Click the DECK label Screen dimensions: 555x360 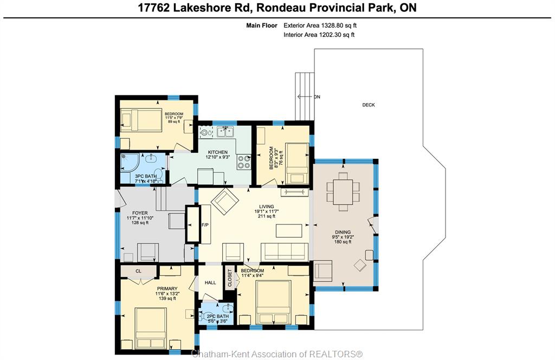pyautogui.click(x=369, y=105)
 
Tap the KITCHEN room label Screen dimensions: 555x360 pyautogui.click(x=218, y=152)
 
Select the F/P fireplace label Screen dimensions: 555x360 pyautogui.click(x=205, y=225)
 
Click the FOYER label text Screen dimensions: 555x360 pyautogui.click(x=140, y=213)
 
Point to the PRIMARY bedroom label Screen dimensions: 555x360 pyautogui.click(x=167, y=288)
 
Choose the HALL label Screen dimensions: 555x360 pyautogui.click(x=210, y=282)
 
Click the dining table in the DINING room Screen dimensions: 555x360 pyautogui.click(x=343, y=191)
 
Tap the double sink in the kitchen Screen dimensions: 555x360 pyautogui.click(x=225, y=132)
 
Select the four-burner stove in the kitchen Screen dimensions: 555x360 pyautogui.click(x=244, y=162)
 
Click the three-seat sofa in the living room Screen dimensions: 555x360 pyautogui.click(x=284, y=252)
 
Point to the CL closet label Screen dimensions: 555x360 pyautogui.click(x=138, y=271)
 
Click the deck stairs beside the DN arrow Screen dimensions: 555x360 pyautogui.click(x=305, y=97)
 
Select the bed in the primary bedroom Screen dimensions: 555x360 pyautogui.click(x=151, y=329)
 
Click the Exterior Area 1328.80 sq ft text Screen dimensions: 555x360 pyautogui.click(x=320, y=25)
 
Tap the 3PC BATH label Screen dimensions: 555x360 pyautogui.click(x=145, y=176)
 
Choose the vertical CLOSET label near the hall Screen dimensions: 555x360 pyautogui.click(x=230, y=278)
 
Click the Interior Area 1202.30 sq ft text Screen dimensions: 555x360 pyautogui.click(x=319, y=35)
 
